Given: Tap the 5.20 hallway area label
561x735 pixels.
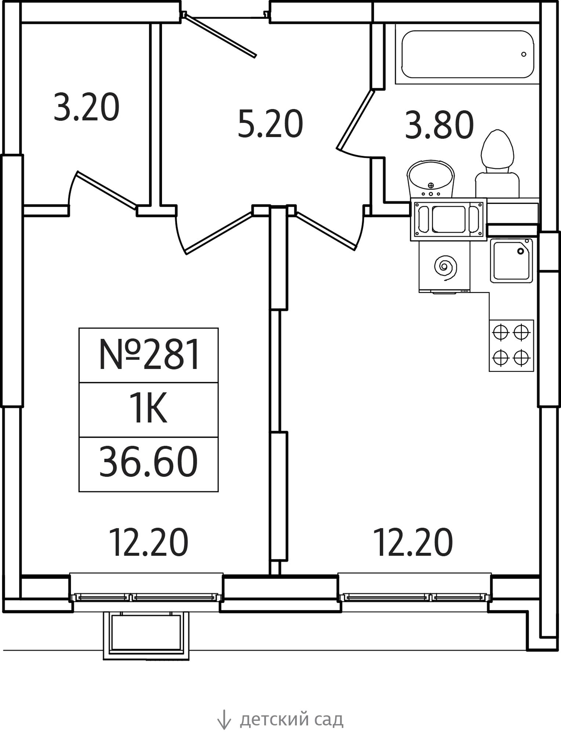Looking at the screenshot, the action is (x=270, y=124).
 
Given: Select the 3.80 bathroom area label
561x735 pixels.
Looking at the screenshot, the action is (x=439, y=125).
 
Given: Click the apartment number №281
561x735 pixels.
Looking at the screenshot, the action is (x=149, y=355).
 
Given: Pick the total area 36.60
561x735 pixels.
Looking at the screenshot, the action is (x=148, y=462).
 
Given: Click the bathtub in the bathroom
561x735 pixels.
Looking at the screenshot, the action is (x=467, y=54).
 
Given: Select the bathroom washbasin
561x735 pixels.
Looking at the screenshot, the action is (x=430, y=179).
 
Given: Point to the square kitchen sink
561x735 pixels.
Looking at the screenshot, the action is (x=511, y=261).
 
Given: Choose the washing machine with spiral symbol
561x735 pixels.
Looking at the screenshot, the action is (x=444, y=267).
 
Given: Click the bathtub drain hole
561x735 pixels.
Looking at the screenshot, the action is (x=524, y=54).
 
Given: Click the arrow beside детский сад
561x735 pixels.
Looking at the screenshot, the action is (x=224, y=719).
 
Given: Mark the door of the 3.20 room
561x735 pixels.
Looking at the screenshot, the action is (x=106, y=190).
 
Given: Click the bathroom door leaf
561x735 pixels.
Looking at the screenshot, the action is (x=355, y=120).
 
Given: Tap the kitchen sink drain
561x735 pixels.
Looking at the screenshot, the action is (x=520, y=251).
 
